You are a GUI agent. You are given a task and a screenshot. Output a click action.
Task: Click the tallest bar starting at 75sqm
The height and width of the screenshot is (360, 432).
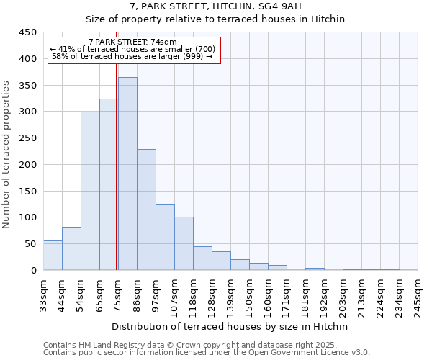point(127,174)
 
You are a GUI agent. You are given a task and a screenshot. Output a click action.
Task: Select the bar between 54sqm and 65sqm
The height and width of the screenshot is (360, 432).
point(90,191)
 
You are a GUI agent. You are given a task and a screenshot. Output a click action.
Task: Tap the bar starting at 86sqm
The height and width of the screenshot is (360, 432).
point(146,210)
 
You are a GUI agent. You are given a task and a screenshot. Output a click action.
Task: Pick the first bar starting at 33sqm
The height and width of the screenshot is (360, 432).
point(53,256)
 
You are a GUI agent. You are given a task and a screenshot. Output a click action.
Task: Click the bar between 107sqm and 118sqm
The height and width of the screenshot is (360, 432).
point(184,243)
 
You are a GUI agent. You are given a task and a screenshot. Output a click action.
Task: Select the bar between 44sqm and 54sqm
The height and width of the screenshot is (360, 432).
point(71,248)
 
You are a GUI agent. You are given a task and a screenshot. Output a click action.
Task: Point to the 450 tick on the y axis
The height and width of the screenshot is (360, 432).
point(27,32)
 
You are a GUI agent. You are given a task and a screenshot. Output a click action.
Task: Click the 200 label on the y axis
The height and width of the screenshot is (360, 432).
point(27,165)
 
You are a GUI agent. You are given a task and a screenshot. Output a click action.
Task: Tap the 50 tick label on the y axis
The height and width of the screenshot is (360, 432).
point(30,244)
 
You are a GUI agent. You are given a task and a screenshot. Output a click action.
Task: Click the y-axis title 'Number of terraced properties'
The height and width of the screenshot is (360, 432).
point(6,155)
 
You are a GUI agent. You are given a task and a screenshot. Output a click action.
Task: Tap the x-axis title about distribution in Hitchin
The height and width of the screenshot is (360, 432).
point(230,326)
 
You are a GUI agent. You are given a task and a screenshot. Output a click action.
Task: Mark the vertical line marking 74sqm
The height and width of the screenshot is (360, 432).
point(117,158)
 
